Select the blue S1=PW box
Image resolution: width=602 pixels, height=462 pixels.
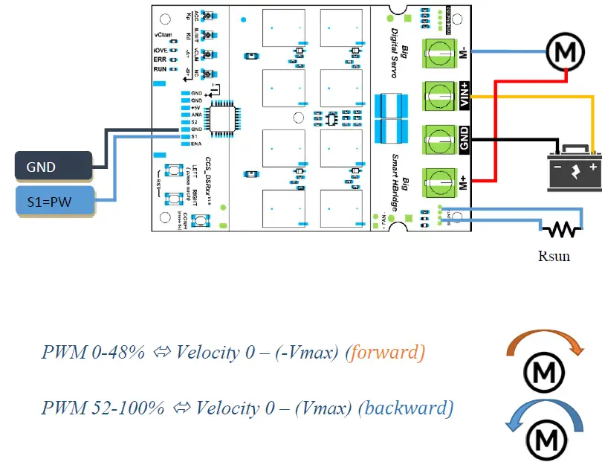pos(54,201)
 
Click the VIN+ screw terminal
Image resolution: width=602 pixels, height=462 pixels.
pos(438,95)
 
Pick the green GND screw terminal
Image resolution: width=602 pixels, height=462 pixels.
pos(438,138)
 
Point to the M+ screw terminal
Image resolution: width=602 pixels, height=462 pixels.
pos(438,181)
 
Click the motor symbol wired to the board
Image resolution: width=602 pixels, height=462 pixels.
pos(566,51)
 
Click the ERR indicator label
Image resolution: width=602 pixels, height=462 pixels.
pos(160,59)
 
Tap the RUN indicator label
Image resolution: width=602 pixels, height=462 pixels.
pos(160,68)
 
